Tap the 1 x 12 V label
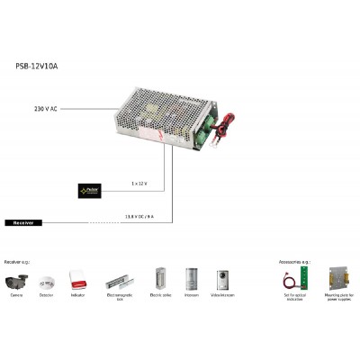[139, 184]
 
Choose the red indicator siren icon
[77, 278]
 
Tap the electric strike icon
[161, 278]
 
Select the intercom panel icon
[191, 278]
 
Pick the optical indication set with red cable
[293, 278]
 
